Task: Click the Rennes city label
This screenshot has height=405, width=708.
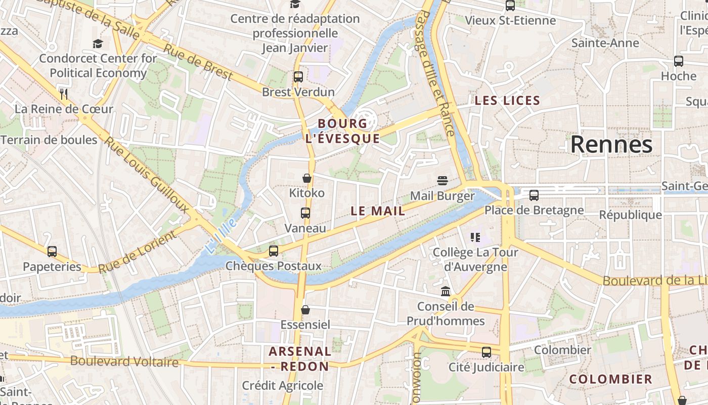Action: [x=611, y=145]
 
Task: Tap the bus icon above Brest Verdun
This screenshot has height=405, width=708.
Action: [x=298, y=77]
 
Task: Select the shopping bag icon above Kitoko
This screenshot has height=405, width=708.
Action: [x=306, y=178]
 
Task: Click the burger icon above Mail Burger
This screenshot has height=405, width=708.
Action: [x=442, y=181]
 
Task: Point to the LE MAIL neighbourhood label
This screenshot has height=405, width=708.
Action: [x=378, y=211]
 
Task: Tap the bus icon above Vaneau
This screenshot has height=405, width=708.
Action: [x=305, y=213]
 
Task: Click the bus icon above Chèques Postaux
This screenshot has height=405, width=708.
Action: [x=274, y=251]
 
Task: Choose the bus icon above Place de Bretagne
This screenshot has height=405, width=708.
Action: [x=534, y=195]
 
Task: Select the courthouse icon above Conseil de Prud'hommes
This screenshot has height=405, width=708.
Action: [x=446, y=291]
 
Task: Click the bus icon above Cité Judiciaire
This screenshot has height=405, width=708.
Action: [x=486, y=352]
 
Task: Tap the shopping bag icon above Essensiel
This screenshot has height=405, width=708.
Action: [x=305, y=309]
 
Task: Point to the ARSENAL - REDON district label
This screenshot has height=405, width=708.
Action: [x=299, y=358]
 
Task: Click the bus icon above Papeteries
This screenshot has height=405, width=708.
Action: [x=52, y=252]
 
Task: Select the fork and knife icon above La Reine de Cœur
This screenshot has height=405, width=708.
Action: [x=64, y=94]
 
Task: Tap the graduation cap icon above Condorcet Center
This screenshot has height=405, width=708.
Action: [x=98, y=44]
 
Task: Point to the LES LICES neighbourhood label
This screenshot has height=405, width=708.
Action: [x=507, y=100]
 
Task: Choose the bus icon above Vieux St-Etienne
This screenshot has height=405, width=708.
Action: [x=510, y=6]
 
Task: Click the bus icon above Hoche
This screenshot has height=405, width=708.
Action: [x=679, y=61]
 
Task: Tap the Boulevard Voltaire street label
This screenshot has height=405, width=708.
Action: [x=124, y=361]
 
